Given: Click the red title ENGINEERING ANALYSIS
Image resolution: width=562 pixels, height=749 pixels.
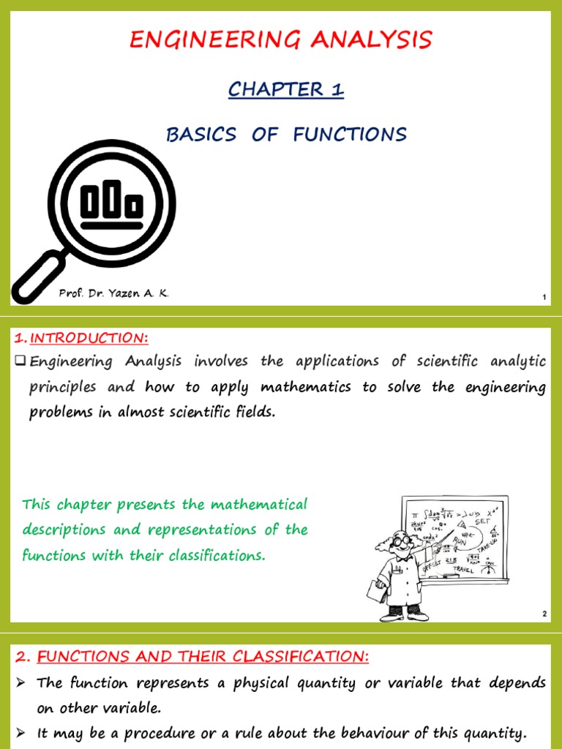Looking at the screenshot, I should point(281,39).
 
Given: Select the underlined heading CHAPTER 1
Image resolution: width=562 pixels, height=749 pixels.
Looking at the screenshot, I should point(285,90).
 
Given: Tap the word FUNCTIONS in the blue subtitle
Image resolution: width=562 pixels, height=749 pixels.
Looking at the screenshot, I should point(350,135).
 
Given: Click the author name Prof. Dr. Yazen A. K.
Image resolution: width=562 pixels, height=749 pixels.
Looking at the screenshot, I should point(113,293).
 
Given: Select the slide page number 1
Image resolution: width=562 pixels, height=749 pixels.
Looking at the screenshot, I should point(544,296).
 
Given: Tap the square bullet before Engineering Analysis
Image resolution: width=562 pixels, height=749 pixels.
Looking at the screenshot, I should point(20,361).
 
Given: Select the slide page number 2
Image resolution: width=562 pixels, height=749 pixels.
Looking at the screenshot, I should point(544,614).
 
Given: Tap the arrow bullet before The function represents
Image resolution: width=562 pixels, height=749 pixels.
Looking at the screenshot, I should point(20,683).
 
